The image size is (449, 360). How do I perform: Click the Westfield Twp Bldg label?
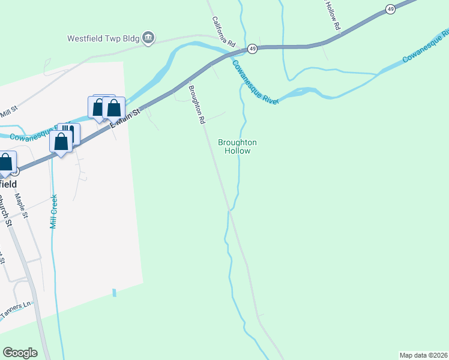(x=103, y=38)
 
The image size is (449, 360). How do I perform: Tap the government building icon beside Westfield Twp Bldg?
(x=148, y=38)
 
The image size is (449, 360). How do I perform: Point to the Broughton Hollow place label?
(x=237, y=146)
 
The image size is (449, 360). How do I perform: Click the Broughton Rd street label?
(x=196, y=104)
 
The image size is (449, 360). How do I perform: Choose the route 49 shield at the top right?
(x=391, y=9)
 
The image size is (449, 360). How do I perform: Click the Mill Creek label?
(x=54, y=211)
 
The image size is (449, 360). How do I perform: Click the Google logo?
(x=20, y=353)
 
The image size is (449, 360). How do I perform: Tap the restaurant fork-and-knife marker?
(x=70, y=133)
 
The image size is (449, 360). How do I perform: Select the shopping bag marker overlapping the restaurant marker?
(x=61, y=142)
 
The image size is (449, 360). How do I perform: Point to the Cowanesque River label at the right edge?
(x=426, y=50)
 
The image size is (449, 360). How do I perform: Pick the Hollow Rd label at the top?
(x=334, y=16)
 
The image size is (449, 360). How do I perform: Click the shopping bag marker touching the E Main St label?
(x=113, y=109)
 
